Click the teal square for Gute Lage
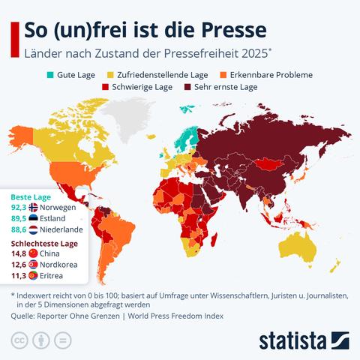point(50,75)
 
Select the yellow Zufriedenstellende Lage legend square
point(110,75)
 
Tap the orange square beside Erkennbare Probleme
point(223,75)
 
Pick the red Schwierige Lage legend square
point(105,87)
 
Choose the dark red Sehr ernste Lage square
point(187,87)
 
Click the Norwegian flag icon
point(33,208)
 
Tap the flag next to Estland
point(33,218)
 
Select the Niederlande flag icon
point(33,229)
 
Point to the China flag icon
point(33,253)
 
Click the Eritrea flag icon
point(33,275)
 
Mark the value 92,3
point(19,208)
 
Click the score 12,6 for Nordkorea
point(19,265)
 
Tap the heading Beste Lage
point(31,197)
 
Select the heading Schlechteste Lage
point(44,244)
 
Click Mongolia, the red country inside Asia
point(269,164)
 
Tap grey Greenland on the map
point(126,118)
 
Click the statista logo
point(304,340)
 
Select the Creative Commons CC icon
point(19,340)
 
